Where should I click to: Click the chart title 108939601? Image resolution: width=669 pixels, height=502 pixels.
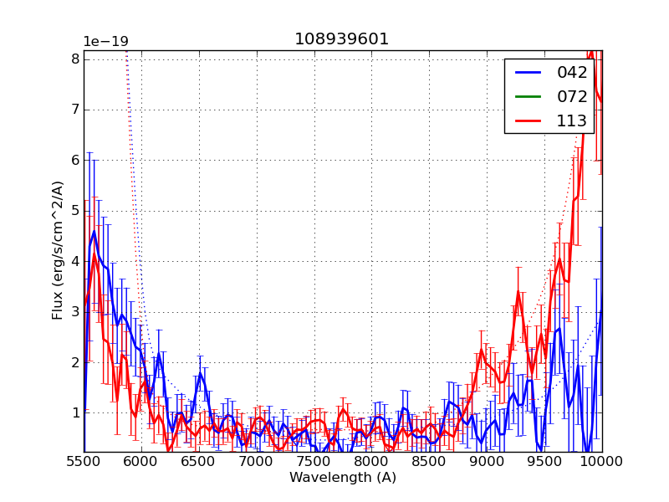click(341, 39)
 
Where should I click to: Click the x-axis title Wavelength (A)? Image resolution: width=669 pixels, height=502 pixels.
click(343, 478)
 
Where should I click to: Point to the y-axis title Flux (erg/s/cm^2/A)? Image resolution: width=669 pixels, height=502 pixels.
click(58, 250)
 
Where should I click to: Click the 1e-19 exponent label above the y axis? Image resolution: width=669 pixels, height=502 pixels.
click(105, 42)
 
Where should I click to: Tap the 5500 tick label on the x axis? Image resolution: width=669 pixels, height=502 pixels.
click(84, 461)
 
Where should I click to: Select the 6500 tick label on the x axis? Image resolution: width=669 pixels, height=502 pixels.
click(199, 461)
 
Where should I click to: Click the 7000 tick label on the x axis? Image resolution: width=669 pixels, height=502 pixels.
click(257, 461)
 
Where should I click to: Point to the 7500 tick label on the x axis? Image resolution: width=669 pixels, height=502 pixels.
click(314, 461)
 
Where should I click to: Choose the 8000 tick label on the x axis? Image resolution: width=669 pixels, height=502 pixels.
click(372, 461)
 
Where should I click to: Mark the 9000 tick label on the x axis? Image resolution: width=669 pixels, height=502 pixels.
click(488, 461)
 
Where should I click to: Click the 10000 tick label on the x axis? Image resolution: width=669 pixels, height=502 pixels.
click(602, 461)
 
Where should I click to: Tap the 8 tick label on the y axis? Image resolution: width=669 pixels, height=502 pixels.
click(75, 59)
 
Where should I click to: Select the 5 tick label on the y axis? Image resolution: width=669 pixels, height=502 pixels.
click(75, 210)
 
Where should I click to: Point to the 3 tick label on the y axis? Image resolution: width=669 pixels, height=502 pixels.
click(75, 311)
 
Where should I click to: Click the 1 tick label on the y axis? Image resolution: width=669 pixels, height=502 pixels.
click(75, 412)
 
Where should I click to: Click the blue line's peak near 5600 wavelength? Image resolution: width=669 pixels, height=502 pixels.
click(94, 231)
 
